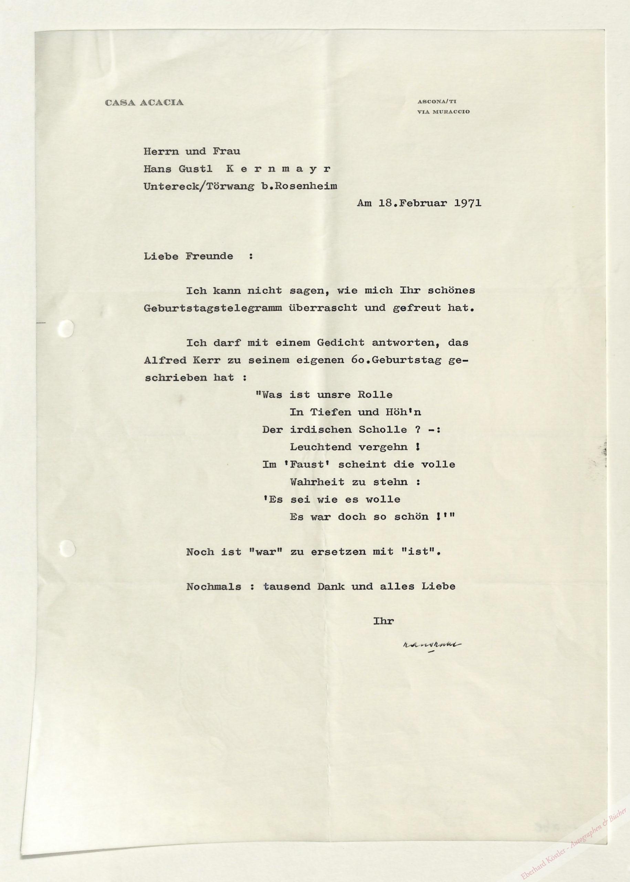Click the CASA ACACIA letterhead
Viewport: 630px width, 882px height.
(144, 103)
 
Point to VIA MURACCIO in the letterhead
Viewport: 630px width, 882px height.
(443, 112)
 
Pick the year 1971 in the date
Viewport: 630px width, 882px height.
(468, 203)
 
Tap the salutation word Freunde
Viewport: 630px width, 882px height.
(209, 256)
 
